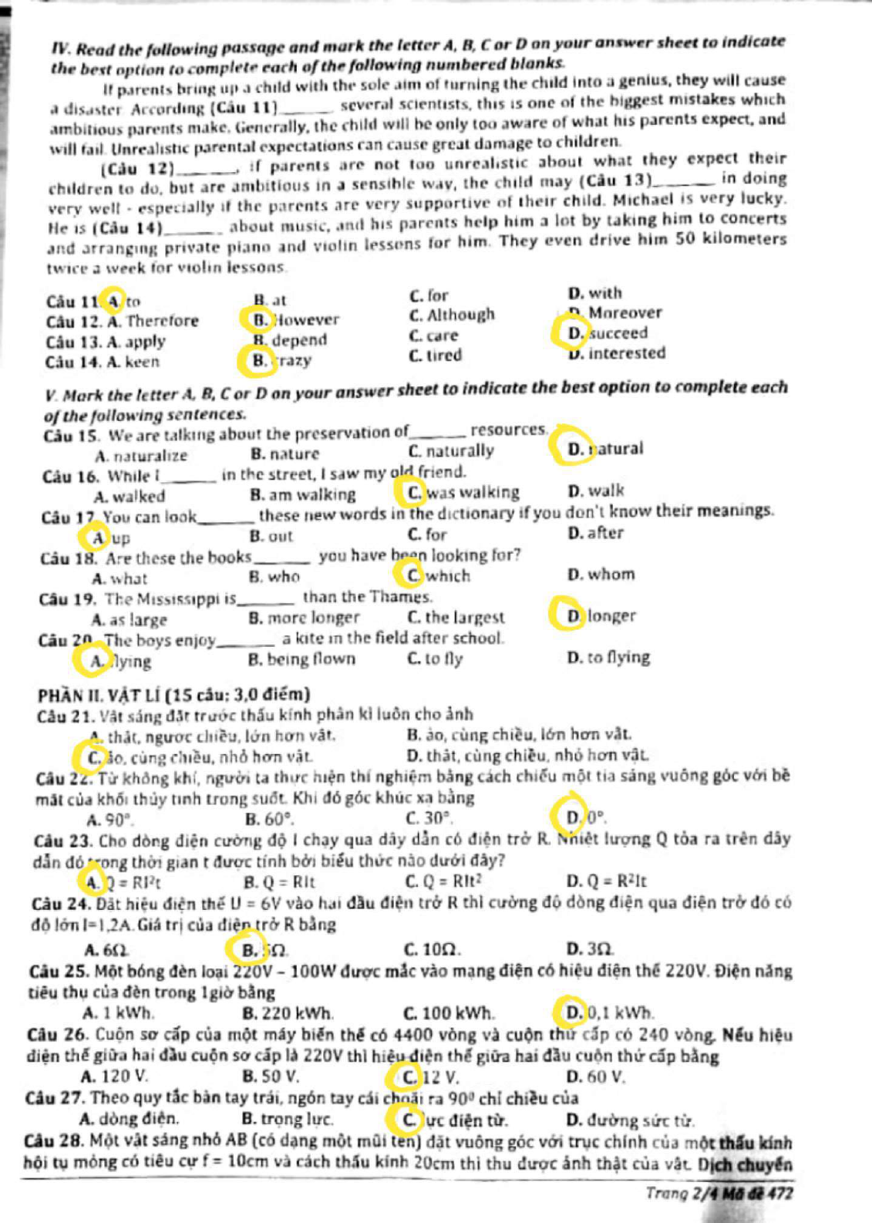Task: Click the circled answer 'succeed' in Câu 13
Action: click(608, 333)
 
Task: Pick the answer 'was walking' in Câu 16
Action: click(463, 492)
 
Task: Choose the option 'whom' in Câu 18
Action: click(601, 574)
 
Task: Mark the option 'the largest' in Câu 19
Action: click(456, 617)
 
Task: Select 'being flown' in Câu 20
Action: click(302, 659)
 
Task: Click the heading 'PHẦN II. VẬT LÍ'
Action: click(173, 694)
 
